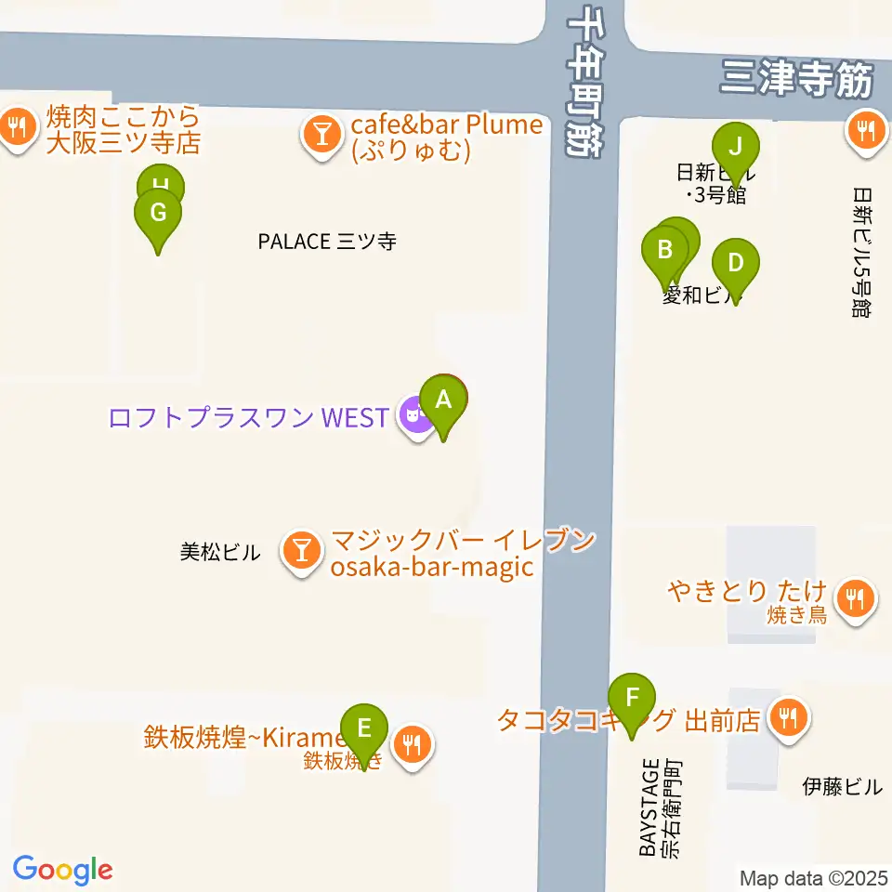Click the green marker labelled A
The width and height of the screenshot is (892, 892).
click(444, 401)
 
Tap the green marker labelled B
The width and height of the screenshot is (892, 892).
click(665, 250)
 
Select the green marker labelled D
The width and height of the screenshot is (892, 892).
click(735, 263)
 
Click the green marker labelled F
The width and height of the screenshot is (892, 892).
click(633, 698)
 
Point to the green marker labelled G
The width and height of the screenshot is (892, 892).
click(158, 214)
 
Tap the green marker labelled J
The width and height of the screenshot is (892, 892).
click(736, 147)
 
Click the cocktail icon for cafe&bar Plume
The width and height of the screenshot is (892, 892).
click(321, 137)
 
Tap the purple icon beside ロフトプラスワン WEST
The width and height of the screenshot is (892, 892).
click(414, 417)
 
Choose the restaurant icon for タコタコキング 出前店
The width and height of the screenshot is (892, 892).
click(790, 719)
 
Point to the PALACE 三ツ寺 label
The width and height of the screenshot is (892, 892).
click(327, 242)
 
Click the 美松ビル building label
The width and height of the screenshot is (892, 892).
click(220, 553)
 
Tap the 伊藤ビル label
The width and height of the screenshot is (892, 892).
click(842, 787)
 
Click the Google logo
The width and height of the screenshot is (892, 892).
click(62, 869)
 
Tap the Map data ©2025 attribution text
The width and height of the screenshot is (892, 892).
click(814, 878)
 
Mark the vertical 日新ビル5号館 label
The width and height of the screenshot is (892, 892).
click(861, 252)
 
